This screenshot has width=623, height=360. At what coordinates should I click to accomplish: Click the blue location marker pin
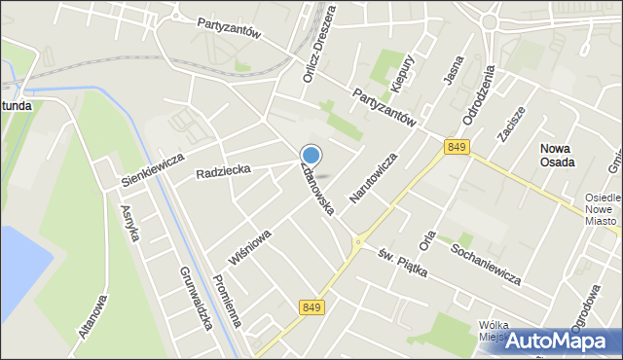[311, 155]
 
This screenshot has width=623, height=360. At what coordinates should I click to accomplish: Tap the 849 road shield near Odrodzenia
[456, 146]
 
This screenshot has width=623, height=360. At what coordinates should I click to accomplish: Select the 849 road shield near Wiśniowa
[311, 307]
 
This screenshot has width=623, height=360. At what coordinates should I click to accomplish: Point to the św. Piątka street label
[402, 260]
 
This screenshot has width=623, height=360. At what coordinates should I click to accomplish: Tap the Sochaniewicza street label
[486, 265]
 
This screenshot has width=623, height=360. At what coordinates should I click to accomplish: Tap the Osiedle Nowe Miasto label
[602, 209]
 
